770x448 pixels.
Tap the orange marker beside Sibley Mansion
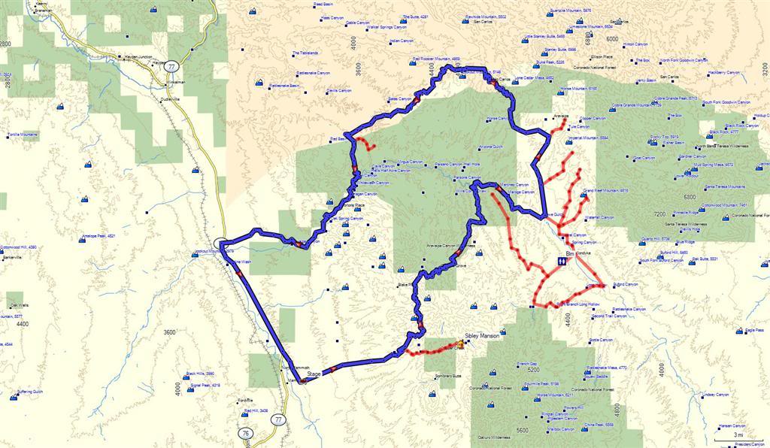click(x=460, y=347)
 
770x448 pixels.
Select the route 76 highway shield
click(x=247, y=433)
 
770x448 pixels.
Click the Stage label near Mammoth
click(x=314, y=373)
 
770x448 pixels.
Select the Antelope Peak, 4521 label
click(x=102, y=236)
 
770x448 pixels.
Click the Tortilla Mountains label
click(x=23, y=135)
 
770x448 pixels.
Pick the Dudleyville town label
click(x=172, y=98)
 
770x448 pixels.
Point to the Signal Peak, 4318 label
click(x=205, y=386)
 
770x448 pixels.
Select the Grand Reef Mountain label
click(x=605, y=191)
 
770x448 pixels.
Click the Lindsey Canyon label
click(x=714, y=395)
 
